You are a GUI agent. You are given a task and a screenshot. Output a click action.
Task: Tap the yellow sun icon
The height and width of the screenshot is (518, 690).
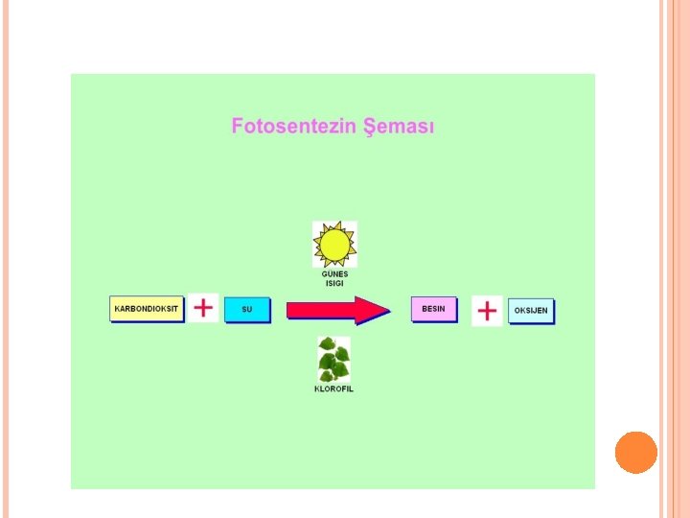334,245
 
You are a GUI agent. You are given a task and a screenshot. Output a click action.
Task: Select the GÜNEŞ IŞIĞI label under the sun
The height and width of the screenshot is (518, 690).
334,278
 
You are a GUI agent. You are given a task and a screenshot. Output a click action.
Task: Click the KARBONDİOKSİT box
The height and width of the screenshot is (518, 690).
148,309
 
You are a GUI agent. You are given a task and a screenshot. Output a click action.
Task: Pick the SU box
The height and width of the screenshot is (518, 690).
247,310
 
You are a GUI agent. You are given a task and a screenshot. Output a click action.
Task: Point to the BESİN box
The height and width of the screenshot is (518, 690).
433,309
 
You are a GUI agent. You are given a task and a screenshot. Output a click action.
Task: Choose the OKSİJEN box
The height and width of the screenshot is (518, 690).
531,311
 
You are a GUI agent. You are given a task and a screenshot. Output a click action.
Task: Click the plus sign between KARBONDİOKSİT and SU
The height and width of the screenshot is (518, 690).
203,308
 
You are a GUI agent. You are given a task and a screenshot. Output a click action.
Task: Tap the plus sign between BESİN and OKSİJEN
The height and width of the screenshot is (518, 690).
487,311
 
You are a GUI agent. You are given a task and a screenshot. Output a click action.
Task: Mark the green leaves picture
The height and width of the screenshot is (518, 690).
333,360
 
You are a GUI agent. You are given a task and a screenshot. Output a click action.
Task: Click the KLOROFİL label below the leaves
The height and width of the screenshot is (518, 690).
333,388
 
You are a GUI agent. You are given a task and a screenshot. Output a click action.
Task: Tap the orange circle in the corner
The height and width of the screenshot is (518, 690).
635,452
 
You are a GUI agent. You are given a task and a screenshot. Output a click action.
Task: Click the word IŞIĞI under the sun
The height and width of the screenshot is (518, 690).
334,283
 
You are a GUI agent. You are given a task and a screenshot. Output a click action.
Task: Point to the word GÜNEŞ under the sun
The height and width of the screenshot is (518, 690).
334,273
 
